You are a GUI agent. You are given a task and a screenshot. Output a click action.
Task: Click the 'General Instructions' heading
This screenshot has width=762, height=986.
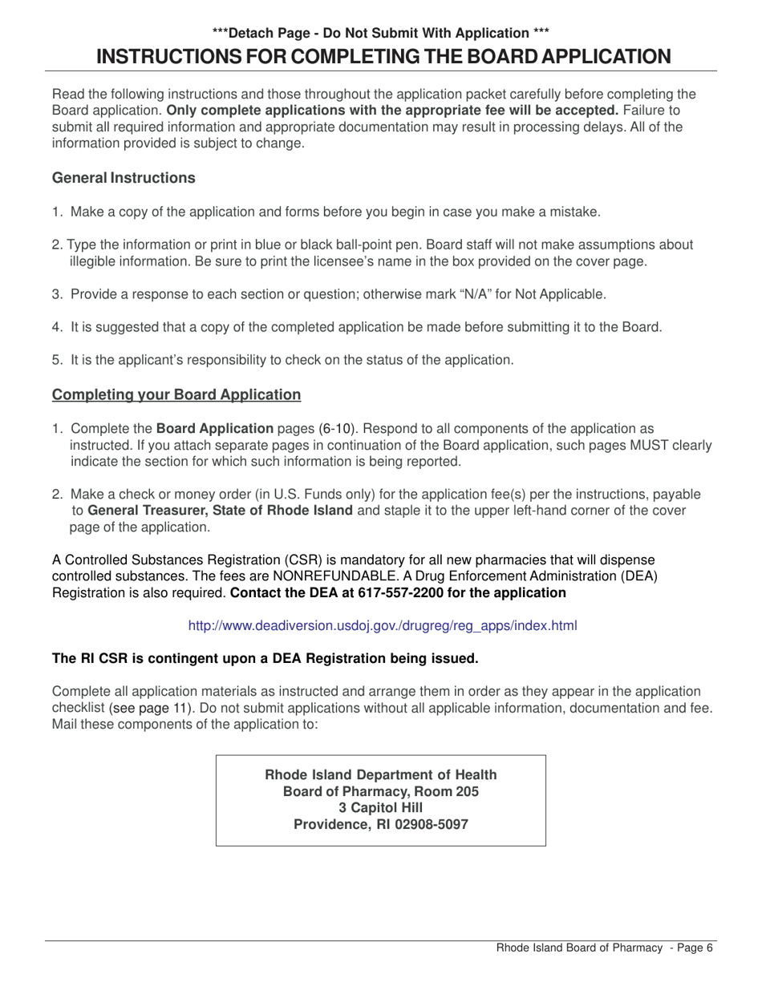coord(124,178)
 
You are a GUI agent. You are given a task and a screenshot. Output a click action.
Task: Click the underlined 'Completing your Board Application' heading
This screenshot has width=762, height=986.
coord(176,394)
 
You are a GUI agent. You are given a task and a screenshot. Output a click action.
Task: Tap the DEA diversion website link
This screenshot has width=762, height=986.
coord(382,625)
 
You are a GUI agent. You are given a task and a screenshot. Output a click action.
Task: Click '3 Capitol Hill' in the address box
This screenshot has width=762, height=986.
coord(380,807)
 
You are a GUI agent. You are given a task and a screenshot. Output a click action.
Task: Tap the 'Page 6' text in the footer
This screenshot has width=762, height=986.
coord(695,948)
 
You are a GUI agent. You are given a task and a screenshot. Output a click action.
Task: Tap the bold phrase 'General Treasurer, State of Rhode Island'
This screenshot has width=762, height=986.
coord(220,511)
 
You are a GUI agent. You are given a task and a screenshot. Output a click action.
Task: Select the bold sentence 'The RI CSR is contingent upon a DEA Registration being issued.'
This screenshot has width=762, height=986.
coord(265,659)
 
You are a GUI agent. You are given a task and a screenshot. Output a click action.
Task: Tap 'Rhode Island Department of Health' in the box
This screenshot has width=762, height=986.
coord(380,774)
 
